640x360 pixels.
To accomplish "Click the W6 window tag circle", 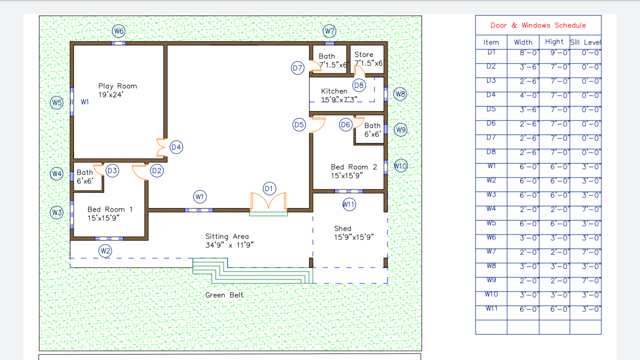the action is [x=118, y=31].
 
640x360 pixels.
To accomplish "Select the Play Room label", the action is [x=117, y=86].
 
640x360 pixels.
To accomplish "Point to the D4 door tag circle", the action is [x=176, y=147].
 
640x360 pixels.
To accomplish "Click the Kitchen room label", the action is [x=334, y=91].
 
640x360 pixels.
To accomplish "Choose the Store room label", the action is [x=363, y=54].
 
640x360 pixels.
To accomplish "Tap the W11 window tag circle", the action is [x=349, y=204].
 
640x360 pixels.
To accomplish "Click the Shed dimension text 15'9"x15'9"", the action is [x=354, y=237].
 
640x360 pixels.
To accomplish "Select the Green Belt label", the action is [x=224, y=295].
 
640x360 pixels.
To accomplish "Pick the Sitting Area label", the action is [x=227, y=236].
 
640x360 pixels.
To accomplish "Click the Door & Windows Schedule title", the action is [x=538, y=25].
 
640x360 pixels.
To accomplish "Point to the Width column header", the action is [x=523, y=42].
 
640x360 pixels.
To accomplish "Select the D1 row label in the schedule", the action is [x=491, y=52].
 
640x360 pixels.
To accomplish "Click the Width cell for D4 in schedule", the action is [x=529, y=95].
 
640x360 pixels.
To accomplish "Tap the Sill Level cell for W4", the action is [x=591, y=209].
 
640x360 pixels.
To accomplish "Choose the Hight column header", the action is [x=554, y=41].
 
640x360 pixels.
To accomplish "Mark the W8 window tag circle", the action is [x=399, y=93].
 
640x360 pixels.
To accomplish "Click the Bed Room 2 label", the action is [x=354, y=167].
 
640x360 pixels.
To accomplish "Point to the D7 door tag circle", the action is [x=297, y=68].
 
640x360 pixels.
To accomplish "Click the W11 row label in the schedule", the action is [x=491, y=308].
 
